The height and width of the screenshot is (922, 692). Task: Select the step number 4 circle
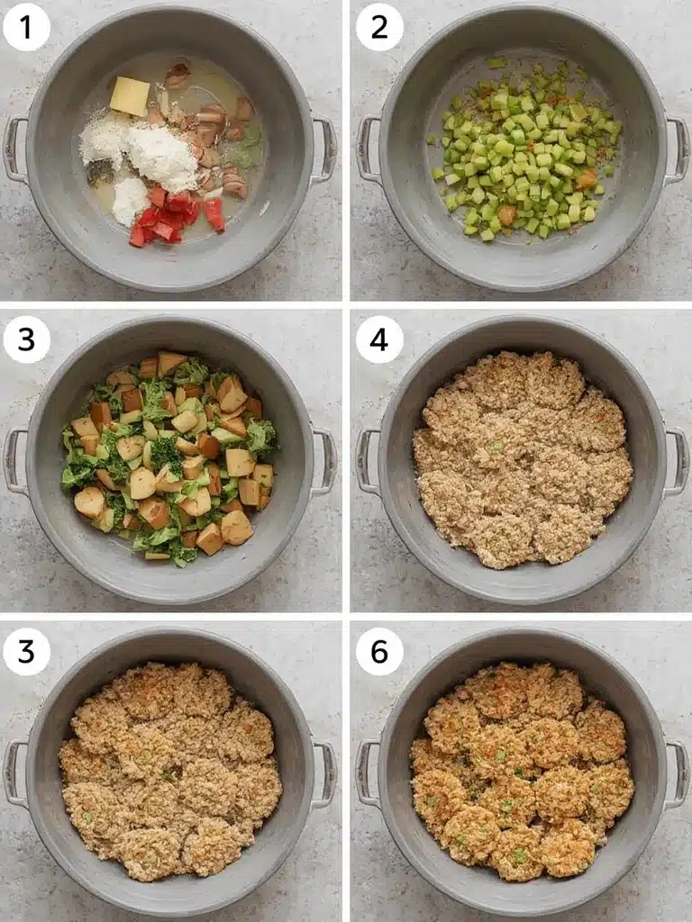(x=379, y=339)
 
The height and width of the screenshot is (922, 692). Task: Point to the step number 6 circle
(x=379, y=651)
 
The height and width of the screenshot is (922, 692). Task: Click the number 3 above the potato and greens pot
(x=26, y=339)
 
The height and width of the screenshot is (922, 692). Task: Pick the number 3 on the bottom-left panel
(x=26, y=651)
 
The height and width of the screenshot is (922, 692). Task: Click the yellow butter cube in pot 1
(x=130, y=95)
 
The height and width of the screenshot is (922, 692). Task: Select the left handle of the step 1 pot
(x=13, y=149)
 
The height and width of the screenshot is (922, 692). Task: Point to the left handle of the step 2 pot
(x=367, y=149)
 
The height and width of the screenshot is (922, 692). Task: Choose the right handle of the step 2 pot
(x=678, y=149)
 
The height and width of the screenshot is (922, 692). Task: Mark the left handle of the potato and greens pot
(x=13, y=461)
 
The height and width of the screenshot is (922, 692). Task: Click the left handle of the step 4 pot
(x=367, y=461)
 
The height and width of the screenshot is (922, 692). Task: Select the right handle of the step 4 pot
(x=678, y=461)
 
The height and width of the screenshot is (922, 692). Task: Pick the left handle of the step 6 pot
(x=367, y=773)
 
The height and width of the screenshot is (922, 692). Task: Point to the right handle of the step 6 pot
(x=678, y=773)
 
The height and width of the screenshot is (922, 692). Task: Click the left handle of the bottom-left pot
(x=13, y=773)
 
